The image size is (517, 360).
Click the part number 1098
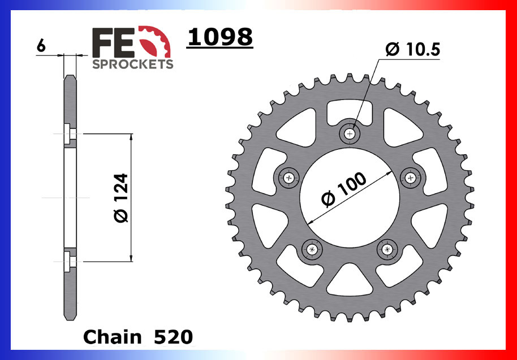point(219,37)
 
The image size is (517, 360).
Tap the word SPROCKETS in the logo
point(132,64)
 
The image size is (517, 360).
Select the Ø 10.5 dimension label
point(412,50)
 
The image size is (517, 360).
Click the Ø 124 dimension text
point(120,198)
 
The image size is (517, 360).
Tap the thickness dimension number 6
point(40,46)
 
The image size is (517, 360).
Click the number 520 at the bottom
point(173,337)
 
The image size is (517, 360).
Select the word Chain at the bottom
point(112,337)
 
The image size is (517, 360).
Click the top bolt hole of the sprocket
point(351,134)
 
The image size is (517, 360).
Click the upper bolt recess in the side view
point(68,134)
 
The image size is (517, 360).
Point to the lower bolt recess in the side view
point(68,261)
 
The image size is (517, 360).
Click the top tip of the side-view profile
point(70,76)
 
